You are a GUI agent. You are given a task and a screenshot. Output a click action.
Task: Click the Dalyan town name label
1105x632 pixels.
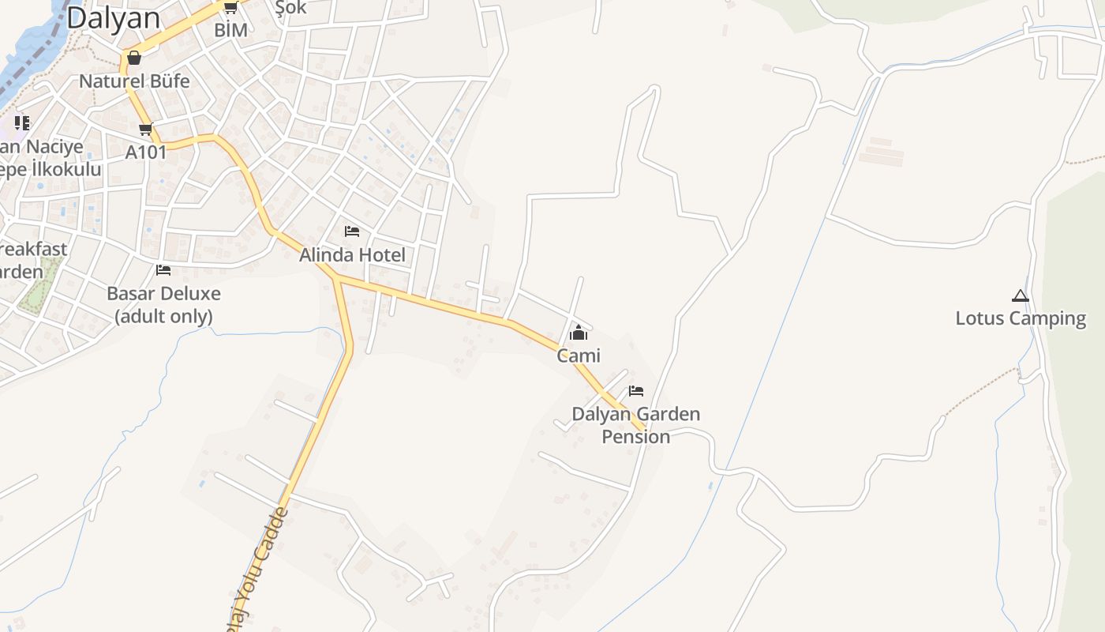click(x=113, y=17)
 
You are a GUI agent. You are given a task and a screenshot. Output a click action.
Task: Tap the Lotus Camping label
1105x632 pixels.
click(x=1021, y=318)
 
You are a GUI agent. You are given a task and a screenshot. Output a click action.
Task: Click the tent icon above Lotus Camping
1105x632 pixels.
click(x=1021, y=297)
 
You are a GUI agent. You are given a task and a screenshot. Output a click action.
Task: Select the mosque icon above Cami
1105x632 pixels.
click(x=579, y=333)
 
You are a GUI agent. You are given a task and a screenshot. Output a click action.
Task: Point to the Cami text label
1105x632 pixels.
click(x=579, y=355)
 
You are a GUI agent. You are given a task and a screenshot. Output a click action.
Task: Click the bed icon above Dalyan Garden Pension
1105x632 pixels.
click(x=636, y=391)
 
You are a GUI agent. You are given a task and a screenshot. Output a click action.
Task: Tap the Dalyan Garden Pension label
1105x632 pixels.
click(x=635, y=425)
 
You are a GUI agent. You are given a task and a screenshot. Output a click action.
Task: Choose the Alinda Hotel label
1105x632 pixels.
click(x=352, y=255)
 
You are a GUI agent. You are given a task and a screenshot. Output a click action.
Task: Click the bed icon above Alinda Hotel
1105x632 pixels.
click(x=352, y=231)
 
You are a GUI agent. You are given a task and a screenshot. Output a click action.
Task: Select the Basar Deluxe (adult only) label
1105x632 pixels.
click(x=163, y=305)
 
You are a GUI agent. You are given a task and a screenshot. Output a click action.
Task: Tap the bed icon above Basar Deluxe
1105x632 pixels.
click(x=163, y=269)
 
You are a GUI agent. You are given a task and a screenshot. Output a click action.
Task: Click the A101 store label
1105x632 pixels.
click(x=146, y=152)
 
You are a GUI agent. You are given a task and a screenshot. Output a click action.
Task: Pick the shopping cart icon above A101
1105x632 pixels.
click(x=145, y=130)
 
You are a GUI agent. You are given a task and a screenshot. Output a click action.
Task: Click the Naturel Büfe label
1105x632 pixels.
click(x=134, y=81)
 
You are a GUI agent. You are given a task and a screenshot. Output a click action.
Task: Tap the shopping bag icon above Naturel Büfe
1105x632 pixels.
click(x=134, y=58)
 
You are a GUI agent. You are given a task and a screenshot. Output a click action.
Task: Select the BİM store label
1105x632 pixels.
click(x=230, y=30)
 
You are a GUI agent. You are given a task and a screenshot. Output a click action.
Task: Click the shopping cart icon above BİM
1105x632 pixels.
click(x=230, y=8)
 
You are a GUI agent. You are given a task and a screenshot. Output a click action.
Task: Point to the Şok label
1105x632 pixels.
click(x=290, y=8)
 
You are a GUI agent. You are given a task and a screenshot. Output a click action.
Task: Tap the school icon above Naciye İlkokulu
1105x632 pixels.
click(x=22, y=122)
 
